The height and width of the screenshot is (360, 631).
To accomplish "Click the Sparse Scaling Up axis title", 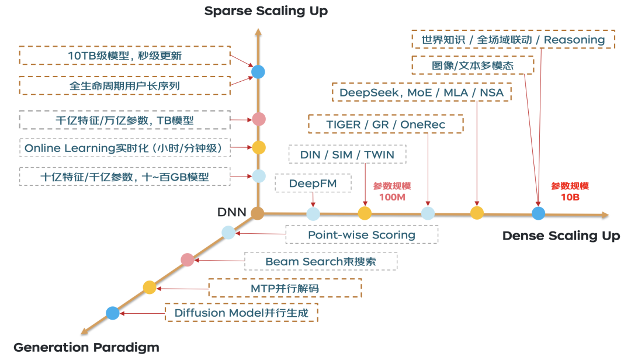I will tap(266, 11).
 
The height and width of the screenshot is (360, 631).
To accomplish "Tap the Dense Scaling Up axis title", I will tap(561, 236).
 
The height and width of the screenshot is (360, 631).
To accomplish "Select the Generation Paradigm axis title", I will tap(86, 347).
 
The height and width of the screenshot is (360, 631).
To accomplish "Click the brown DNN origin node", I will tap(257, 213).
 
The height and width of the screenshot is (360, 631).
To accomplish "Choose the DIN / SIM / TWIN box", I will tap(347, 155).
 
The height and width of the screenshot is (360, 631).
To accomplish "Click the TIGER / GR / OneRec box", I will tap(386, 124).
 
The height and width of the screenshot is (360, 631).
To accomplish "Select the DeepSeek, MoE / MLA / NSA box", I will tap(422, 93).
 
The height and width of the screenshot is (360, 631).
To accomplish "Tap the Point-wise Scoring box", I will tap(362, 235).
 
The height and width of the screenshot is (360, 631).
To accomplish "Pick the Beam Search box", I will tap(321, 261).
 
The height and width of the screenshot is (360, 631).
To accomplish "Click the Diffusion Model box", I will tap(241, 313).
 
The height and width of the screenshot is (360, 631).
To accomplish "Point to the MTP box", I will tap(285, 288).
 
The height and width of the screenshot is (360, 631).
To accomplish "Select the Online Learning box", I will tap(123, 148).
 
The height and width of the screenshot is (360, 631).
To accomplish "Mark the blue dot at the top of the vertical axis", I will tap(258, 72).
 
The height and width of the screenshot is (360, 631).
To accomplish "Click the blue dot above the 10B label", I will tap(538, 213).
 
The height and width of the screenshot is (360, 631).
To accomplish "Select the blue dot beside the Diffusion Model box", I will tap(113, 313).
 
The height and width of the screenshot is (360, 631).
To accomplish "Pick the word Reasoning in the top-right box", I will tap(574, 40).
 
